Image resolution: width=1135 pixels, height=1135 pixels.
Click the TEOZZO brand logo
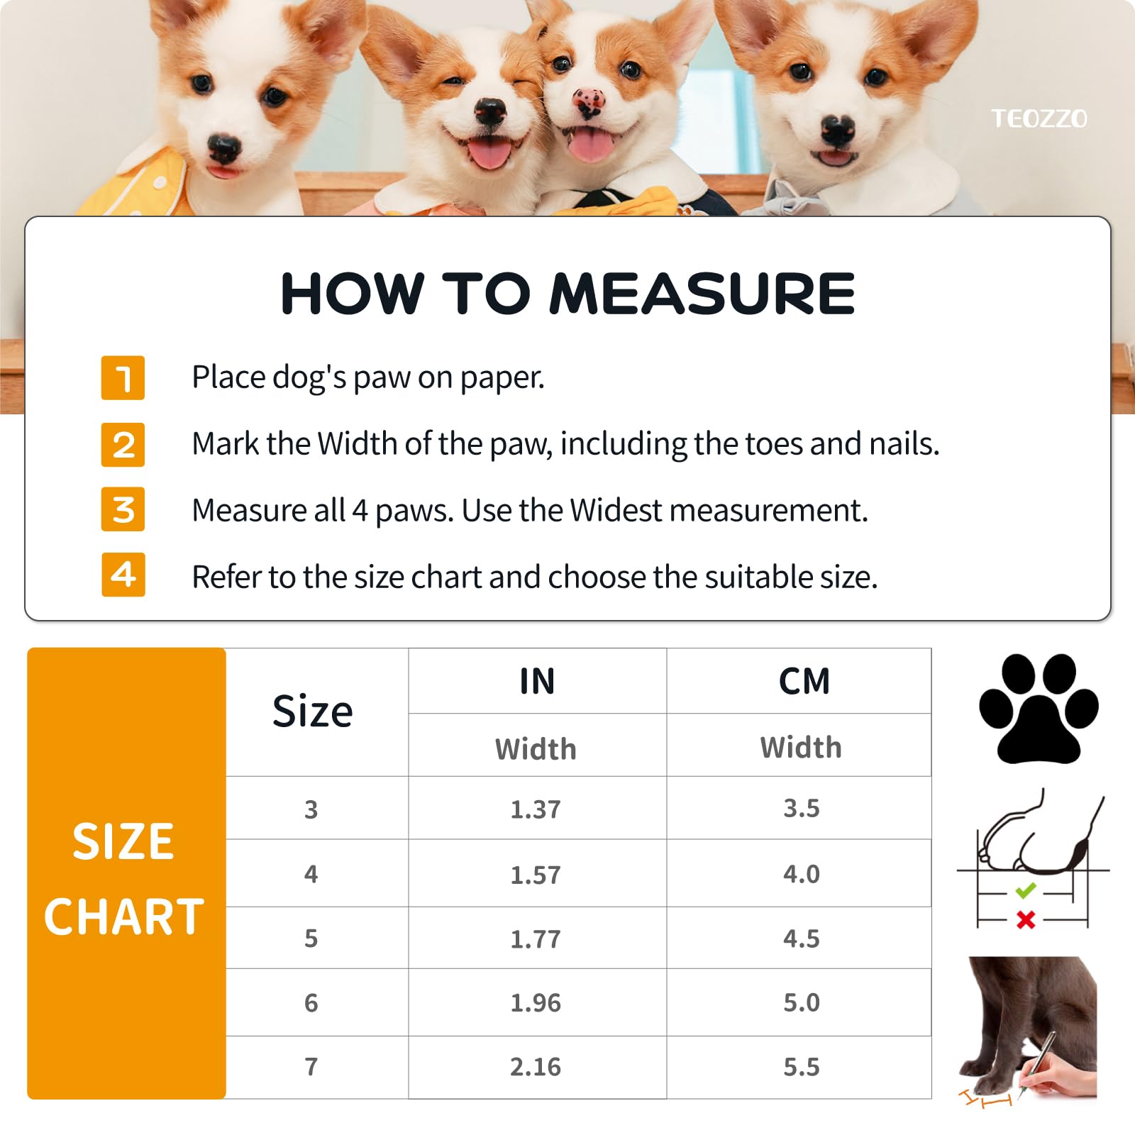1039,118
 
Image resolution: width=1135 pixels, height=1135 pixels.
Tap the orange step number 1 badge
123,377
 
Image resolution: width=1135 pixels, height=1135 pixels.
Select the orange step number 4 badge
123,575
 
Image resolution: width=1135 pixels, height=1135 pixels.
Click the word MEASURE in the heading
702,294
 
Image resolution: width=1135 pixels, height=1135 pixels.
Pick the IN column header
537,682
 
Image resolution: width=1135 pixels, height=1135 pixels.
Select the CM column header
804,682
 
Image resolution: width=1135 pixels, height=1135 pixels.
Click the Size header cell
312,712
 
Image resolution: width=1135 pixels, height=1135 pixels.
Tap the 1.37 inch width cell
536,809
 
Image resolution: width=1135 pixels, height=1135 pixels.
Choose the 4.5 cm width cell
802,939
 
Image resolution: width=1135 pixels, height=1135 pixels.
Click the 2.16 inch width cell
536,1067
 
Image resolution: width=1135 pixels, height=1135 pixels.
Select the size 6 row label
311,1003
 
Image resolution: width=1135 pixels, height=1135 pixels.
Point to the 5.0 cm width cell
802,1002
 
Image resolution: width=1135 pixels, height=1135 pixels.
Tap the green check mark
1026,890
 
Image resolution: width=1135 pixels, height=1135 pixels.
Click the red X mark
1026,920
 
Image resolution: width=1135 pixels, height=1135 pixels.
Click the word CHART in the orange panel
124,917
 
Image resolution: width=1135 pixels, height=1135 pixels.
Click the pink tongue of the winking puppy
490,153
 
